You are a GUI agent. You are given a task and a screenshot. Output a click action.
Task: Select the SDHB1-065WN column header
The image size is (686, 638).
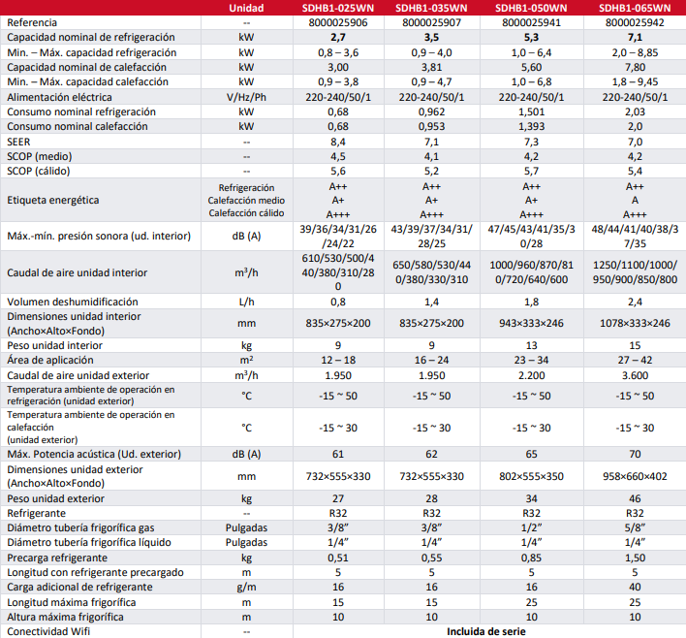[635, 8]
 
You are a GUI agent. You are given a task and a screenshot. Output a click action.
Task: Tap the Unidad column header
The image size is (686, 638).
[246, 8]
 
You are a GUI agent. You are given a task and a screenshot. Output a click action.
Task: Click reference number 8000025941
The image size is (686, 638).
[531, 21]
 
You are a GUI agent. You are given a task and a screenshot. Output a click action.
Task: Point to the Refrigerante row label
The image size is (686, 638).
[37, 513]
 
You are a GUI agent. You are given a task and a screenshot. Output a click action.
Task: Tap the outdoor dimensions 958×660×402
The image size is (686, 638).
[635, 476]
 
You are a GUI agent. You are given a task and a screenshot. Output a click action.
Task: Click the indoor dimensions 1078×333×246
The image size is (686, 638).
[635, 323]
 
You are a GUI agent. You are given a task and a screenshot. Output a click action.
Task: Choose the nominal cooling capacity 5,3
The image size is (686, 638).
[531, 36]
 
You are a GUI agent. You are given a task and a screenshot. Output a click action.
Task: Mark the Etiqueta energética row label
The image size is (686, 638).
[54, 200]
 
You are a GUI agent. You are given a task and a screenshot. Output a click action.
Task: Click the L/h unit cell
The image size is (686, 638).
[246, 302]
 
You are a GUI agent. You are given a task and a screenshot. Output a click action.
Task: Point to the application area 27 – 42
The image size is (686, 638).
[635, 360]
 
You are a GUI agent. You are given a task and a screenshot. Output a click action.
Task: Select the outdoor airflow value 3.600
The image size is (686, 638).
[635, 374]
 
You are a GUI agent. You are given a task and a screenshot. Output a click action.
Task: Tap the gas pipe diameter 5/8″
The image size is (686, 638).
[635, 527]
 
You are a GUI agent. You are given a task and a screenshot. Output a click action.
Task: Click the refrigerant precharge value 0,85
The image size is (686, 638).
[531, 558]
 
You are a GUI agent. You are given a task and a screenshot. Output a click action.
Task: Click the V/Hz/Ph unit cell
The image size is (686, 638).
[246, 97]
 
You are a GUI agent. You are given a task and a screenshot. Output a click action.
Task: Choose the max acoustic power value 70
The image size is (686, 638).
[635, 454]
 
